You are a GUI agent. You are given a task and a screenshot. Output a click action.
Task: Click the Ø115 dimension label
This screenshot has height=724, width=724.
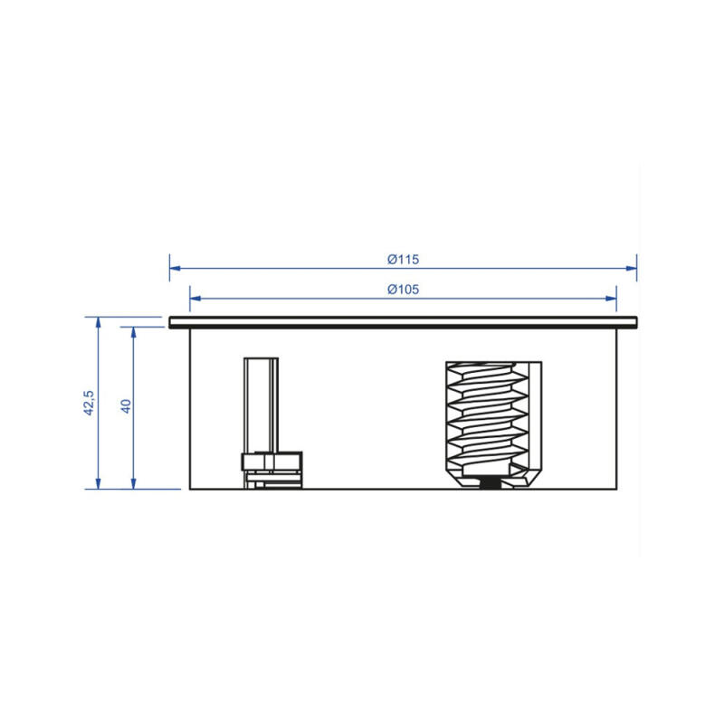[x=403, y=259]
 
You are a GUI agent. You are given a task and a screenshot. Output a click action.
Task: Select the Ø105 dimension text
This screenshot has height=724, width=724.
[x=403, y=290]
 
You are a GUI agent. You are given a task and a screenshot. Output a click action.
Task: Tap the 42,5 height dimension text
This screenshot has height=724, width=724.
[x=89, y=403]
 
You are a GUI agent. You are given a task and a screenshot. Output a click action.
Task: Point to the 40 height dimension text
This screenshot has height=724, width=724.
[x=126, y=406]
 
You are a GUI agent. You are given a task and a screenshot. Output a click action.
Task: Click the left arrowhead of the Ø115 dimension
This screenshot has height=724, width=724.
[x=175, y=268]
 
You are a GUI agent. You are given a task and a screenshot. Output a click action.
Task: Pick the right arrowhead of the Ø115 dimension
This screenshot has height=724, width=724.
[x=631, y=268]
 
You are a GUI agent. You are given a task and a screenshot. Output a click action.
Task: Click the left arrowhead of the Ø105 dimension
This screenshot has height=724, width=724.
[x=195, y=299]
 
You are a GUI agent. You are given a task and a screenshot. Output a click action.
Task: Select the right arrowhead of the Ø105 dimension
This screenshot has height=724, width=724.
[x=611, y=299]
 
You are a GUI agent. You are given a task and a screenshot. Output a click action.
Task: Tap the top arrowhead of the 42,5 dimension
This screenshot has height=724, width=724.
[x=98, y=322]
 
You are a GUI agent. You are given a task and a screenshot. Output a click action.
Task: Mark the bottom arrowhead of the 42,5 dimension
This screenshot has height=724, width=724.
[x=98, y=483]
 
